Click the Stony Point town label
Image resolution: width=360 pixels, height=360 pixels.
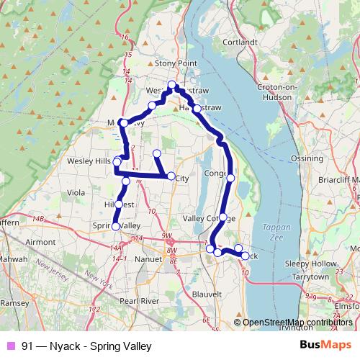(x=176, y=63)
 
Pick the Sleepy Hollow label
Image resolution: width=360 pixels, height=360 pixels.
(x=312, y=264)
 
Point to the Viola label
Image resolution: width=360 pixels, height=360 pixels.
(x=76, y=193)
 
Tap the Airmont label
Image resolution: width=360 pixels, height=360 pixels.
(x=40, y=243)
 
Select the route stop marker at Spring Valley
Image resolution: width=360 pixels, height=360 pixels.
(x=115, y=227)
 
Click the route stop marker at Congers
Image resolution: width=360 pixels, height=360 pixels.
(x=230, y=177)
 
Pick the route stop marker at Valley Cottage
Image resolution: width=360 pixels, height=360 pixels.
(x=223, y=217)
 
